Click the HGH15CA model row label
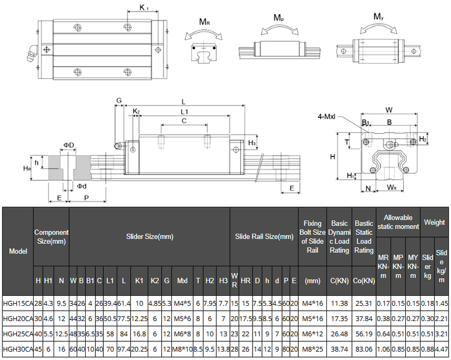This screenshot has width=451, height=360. click(x=17, y=303)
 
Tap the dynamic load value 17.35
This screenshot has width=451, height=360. click(x=339, y=319)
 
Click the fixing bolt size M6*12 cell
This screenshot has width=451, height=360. click(x=312, y=334)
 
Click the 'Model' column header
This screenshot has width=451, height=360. click(x=17, y=251)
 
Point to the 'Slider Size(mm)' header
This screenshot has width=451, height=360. click(x=149, y=236)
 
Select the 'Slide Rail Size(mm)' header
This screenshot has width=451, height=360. click(x=264, y=236)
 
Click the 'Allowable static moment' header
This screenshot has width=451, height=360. click(x=399, y=222)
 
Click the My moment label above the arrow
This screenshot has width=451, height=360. click(x=380, y=16)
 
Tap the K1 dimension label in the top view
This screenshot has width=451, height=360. click(x=144, y=7)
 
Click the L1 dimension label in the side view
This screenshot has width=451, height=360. click(x=184, y=112)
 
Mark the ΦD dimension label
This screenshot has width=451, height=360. click(x=68, y=145)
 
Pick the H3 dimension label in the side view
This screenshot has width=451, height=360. click(x=252, y=143)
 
